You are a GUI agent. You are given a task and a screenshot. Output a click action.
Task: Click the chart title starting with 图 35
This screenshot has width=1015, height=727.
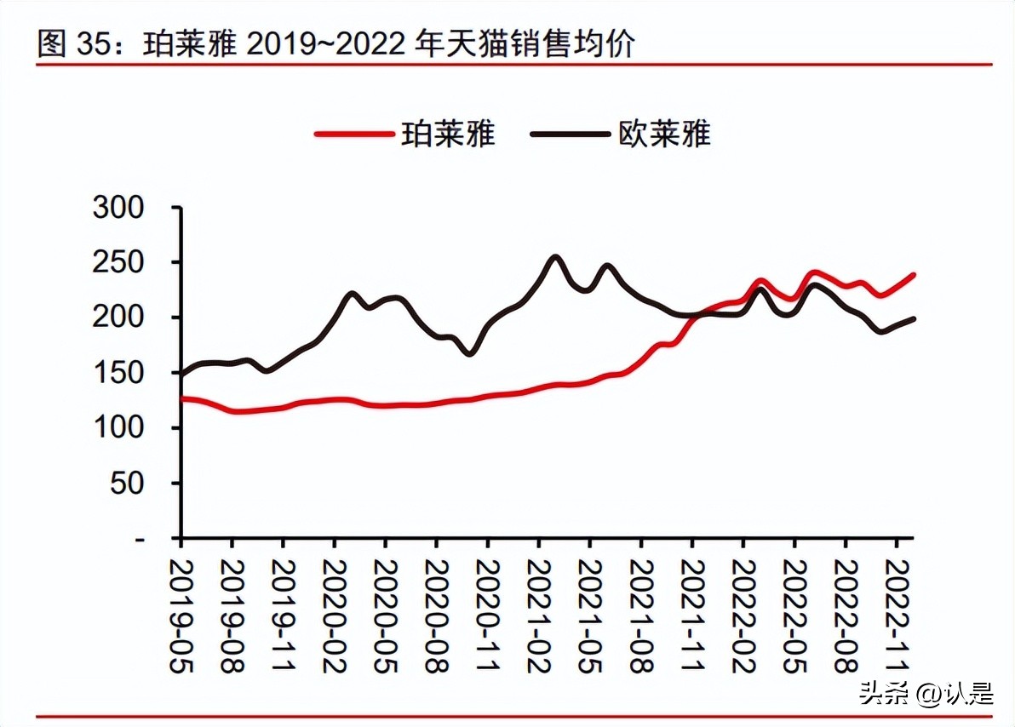[x=336, y=43]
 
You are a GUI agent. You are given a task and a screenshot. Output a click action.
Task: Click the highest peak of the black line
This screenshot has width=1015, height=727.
[x=555, y=256]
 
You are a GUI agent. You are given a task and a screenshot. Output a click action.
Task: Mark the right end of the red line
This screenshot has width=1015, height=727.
[x=914, y=275]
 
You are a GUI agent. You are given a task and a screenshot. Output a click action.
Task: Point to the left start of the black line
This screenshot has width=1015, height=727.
[x=181, y=374]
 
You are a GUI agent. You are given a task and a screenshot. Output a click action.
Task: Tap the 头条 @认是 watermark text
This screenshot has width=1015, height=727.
[x=926, y=693]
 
